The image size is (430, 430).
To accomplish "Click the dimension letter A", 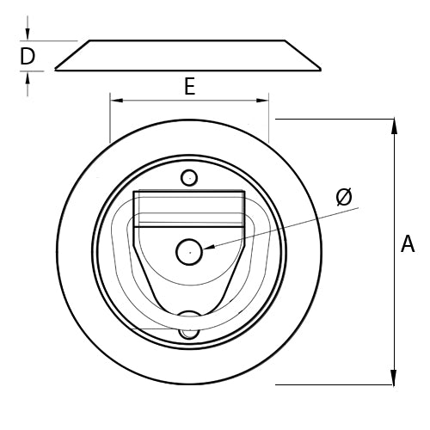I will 408,245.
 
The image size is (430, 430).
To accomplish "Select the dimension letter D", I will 28,57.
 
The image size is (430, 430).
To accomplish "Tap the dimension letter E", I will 189,86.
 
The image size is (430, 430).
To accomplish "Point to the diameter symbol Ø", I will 343,197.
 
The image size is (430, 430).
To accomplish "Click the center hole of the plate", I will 188,252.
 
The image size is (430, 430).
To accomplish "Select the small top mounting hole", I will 188,178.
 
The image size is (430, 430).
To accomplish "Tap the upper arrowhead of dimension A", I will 394,126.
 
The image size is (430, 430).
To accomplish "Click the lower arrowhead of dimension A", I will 394,378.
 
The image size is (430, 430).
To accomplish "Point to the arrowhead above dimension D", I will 28,35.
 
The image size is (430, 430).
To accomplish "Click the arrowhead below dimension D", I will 28,77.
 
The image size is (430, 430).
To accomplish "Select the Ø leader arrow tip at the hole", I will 206,248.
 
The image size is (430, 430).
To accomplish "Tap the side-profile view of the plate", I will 188,55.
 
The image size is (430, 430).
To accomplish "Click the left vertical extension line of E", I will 110,120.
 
